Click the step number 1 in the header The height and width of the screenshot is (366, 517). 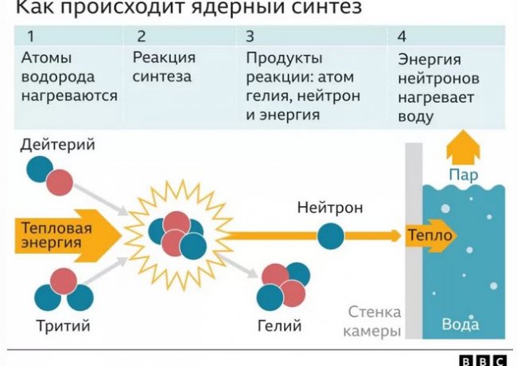pyautogui.click(x=30, y=36)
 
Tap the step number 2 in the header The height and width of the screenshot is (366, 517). pyautogui.click(x=141, y=36)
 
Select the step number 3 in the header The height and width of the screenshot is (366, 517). pyautogui.click(x=250, y=36)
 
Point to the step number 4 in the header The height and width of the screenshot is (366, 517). pyautogui.click(x=402, y=36)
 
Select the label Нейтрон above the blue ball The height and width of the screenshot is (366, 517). pyautogui.click(x=330, y=208)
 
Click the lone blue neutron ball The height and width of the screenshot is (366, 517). pyautogui.click(x=332, y=236)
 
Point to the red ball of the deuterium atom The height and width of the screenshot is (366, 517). pyautogui.click(x=58, y=181)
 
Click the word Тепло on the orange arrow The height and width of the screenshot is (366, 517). pyautogui.click(x=430, y=236)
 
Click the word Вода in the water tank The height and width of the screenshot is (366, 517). pyautogui.click(x=461, y=325)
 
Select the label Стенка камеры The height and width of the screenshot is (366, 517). pyautogui.click(x=374, y=321)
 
